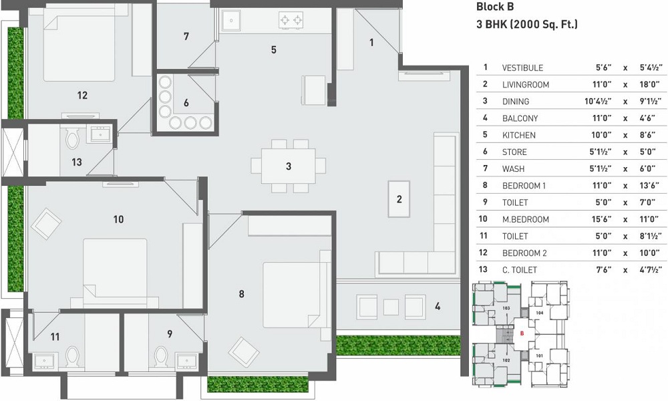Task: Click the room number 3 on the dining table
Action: tap(289, 166)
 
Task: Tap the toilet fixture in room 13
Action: tap(73, 139)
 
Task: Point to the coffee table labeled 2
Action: tap(399, 198)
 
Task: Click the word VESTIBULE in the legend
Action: tap(522, 68)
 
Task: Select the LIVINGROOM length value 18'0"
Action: tap(647, 85)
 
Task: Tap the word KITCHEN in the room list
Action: tap(518, 135)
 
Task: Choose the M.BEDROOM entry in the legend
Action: tap(525, 219)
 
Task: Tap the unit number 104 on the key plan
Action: tap(540, 312)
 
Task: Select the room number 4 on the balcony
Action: tap(438, 307)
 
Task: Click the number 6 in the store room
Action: tap(186, 103)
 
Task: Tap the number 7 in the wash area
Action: tap(186, 36)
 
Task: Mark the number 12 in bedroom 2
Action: tap(82, 96)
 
